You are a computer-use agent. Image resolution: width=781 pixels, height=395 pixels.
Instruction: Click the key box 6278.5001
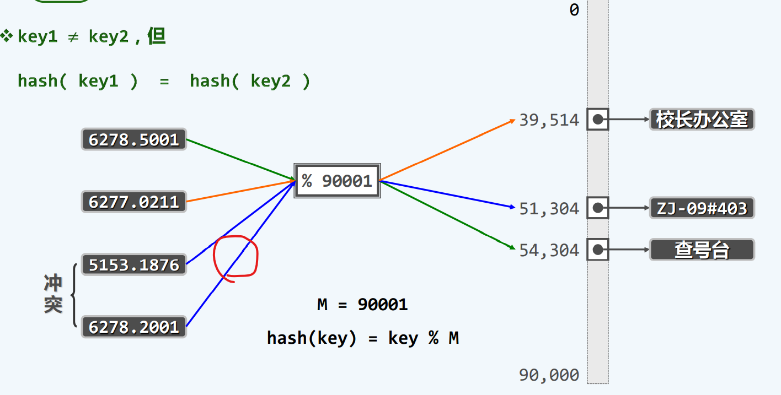coord(134,139)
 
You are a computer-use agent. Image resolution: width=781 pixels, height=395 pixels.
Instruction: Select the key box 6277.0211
coord(134,202)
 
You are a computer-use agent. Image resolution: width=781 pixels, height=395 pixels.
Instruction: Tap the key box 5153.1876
coord(134,265)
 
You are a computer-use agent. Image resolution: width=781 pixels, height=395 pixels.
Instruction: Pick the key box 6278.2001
coord(134,327)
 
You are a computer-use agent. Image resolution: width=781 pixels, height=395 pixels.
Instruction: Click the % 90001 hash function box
coord(338,181)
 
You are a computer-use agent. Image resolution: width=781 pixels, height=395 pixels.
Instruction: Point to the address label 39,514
coord(549,120)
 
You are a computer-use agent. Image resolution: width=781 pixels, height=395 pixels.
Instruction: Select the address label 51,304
coord(549,209)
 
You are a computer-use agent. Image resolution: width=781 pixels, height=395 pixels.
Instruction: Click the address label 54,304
coord(549,251)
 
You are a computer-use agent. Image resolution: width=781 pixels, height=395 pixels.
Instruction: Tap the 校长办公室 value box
coord(702,120)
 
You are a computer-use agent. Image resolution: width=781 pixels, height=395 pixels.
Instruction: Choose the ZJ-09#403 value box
coord(702,208)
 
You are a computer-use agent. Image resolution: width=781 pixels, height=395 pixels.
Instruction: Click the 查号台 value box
coord(702,250)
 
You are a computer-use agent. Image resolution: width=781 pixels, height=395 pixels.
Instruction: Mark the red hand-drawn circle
coord(236,257)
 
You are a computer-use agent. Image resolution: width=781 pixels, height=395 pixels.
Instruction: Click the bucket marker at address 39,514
coord(598,119)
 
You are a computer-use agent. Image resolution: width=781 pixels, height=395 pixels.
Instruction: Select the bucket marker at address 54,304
coord(598,250)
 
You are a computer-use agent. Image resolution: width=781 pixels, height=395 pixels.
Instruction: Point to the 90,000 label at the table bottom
coord(549,375)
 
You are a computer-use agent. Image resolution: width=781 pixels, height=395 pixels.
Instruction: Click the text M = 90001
coord(362,304)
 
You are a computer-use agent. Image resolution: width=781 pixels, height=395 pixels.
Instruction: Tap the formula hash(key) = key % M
coord(362,338)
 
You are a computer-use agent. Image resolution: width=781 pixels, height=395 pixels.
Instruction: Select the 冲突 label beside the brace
coord(54,294)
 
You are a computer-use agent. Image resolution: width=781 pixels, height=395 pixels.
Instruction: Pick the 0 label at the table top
coord(574,10)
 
